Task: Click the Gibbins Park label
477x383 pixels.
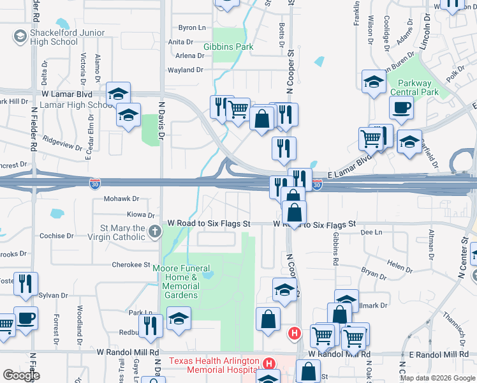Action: tap(228, 47)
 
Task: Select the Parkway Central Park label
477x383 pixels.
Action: tap(415, 87)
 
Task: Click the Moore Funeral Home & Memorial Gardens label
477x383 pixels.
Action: tap(176, 282)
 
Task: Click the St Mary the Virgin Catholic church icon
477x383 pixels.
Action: tap(154, 232)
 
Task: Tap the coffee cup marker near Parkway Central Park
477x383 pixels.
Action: tap(401, 107)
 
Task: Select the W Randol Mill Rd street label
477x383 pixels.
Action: tap(128, 352)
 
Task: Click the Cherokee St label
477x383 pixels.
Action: tap(130, 264)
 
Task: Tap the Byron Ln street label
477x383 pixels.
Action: tap(192, 28)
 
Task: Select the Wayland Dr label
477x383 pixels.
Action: tap(185, 70)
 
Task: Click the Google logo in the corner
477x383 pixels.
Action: tap(21, 375)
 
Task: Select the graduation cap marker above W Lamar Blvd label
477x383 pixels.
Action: tap(119, 93)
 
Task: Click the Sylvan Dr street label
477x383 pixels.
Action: tap(53, 296)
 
